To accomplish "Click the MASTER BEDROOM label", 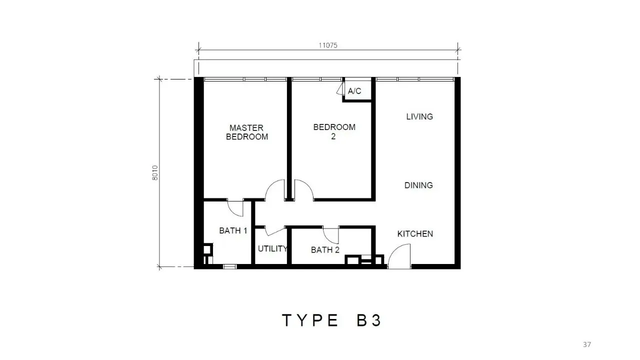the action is [247, 132].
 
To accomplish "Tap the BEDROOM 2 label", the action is [334, 131].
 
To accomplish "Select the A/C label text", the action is [354, 91].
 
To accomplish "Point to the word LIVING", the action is [419, 116].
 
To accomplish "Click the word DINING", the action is [418, 185].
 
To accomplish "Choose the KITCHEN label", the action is [415, 234].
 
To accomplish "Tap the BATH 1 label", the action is [233, 230].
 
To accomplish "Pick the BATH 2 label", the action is [325, 250].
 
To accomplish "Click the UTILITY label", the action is [272, 249].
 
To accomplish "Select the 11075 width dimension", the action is [328, 45].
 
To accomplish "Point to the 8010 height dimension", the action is [155, 172].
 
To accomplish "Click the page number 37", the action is [587, 344].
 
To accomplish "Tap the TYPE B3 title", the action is [331, 320].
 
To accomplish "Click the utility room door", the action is [275, 231].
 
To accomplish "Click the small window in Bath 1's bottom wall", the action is [229, 266].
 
